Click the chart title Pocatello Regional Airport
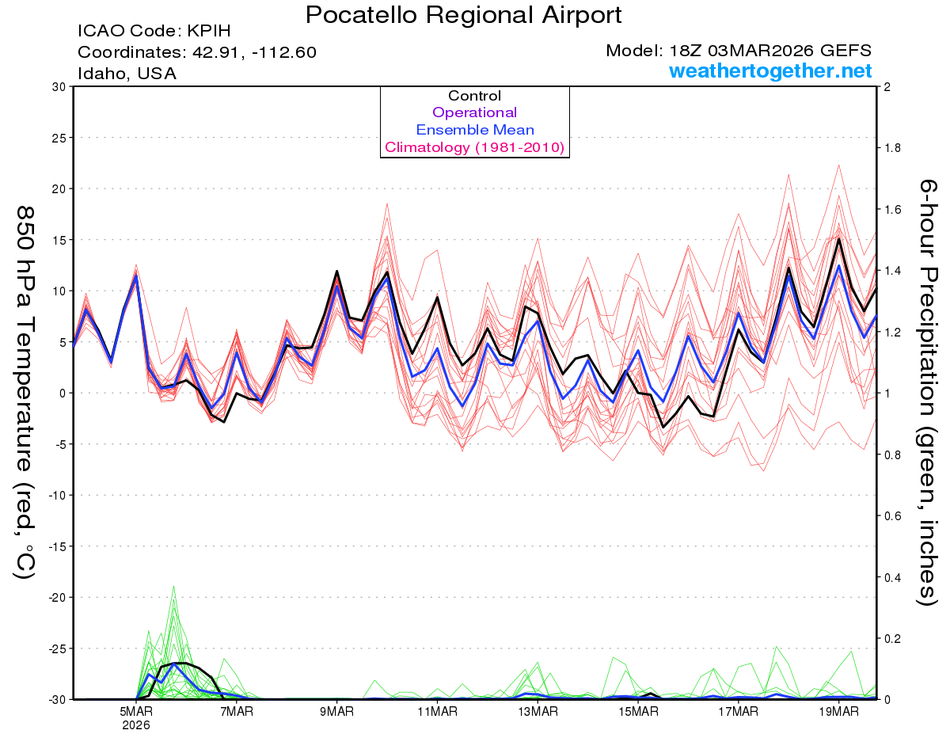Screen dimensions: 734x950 coord(463,14)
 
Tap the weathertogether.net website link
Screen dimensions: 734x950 coord(770,71)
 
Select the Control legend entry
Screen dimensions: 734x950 coord(474,96)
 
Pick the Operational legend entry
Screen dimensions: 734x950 coord(474,112)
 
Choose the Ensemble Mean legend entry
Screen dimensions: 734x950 coord(474,130)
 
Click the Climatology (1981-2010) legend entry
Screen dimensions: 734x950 coord(474,147)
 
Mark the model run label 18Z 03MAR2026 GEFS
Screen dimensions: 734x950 coord(739,51)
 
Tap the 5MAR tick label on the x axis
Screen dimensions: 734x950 coord(137,711)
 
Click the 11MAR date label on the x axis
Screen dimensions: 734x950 coord(437,711)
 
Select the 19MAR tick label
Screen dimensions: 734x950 coord(838,711)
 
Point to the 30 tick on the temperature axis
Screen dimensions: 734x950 coord(58,87)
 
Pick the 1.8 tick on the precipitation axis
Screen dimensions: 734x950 coord(892,148)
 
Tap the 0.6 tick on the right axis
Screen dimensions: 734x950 coord(892,515)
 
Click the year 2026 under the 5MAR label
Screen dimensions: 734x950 coord(137,724)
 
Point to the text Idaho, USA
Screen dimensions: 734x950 coord(127,74)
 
